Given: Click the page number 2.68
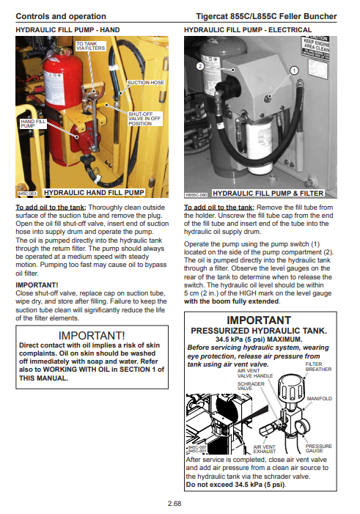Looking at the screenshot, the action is pos(175,503).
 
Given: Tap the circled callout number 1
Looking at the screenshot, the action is pos(294,70).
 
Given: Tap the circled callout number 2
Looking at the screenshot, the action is pos(200,66).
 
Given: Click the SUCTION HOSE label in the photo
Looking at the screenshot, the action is pos(146,83).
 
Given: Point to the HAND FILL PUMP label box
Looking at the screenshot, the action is pos(33,124).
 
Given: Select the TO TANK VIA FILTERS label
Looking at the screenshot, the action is pos(90,46).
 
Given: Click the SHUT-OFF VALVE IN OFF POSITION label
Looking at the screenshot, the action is pos(144,119).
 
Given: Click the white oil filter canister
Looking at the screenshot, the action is pos(259,144).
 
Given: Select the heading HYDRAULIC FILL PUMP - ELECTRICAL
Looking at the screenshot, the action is pos(248,30).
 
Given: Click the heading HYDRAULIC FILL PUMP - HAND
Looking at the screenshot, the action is pos(67,30).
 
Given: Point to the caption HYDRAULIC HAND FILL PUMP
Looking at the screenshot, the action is pos(94,193).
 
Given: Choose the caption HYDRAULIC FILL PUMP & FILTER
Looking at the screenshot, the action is pos(268,194).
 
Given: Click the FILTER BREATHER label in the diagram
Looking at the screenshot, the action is pos(318,367).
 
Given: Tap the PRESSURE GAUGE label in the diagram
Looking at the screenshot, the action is pos(319,449).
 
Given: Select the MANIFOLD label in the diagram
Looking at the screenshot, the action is pos(320,399).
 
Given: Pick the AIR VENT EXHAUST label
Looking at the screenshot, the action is pos(264,449).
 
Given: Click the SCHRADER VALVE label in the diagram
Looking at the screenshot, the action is pos(251,386).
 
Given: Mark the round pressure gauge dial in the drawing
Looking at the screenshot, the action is pos(301,427).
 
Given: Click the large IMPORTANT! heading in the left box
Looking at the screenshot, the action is pos(92,336).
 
